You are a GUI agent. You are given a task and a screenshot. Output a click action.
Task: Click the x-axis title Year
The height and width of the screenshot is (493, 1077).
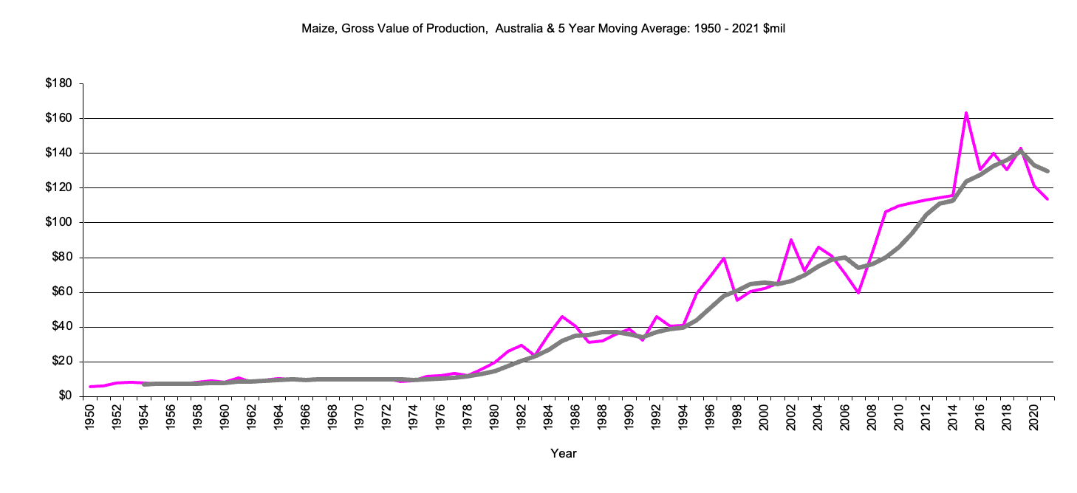564,454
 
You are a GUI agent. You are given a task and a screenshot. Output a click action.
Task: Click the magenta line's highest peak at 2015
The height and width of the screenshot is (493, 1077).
966,113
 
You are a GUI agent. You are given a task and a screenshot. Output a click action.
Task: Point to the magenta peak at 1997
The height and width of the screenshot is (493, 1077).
723,258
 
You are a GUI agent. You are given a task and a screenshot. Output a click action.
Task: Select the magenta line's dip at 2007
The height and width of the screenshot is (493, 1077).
858,292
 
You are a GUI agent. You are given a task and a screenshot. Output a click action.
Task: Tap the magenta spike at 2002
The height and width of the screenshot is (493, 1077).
791,239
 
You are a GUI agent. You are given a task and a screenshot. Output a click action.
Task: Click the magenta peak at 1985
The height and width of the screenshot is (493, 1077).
561,316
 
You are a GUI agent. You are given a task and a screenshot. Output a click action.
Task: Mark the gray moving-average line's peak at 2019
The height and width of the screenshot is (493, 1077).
1020,151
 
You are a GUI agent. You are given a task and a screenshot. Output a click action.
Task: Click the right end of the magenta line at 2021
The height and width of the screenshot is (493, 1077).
1047,199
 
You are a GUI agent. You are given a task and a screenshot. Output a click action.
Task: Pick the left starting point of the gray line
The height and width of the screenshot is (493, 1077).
144,384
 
